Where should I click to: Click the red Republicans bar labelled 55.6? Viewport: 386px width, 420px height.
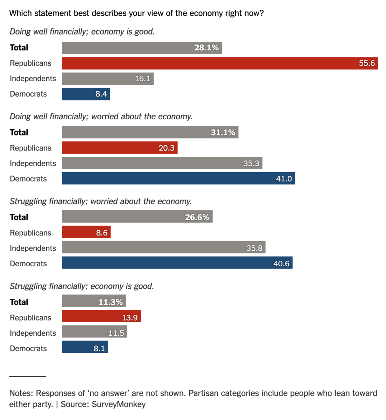[x=220, y=63]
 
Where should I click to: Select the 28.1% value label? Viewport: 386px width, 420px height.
[x=206, y=48]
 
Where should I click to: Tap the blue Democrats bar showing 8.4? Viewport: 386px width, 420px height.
[x=86, y=94]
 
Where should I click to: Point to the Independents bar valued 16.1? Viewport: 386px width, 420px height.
[x=107, y=79]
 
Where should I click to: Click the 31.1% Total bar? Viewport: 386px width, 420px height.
[x=150, y=133]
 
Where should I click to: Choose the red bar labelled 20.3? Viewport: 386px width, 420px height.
[x=120, y=148]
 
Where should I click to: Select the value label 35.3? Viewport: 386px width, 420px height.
[x=251, y=163]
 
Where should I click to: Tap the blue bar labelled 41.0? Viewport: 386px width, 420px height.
[x=178, y=179]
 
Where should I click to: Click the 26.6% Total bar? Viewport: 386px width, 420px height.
[x=137, y=217]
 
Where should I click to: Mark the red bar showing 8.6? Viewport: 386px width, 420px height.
[x=86, y=233]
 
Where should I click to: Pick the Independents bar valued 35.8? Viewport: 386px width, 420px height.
[x=163, y=248]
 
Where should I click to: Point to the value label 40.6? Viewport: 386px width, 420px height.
[x=281, y=264]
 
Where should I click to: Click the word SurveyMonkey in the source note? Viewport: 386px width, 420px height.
[x=119, y=405]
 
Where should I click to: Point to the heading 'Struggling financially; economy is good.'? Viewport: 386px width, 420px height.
[x=82, y=286]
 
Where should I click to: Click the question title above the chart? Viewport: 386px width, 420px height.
[x=136, y=13]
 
